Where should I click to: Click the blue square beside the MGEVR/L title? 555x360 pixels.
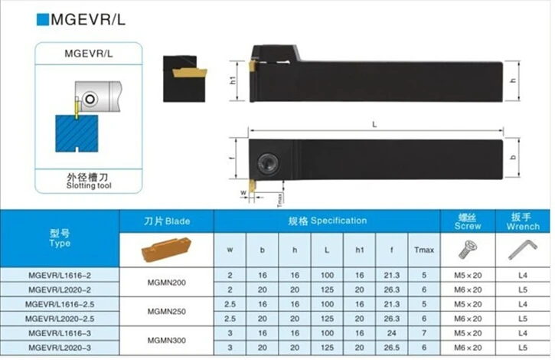coord(42,19)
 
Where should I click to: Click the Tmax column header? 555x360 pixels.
coord(424,250)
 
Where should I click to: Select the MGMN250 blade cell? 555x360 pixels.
coord(166,312)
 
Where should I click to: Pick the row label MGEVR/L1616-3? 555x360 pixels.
coord(60,333)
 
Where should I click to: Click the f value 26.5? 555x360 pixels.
coord(392,348)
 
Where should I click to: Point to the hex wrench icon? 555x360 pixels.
coord(523,250)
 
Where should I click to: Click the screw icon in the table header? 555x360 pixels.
coord(468,249)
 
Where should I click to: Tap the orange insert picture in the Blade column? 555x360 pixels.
coord(166,249)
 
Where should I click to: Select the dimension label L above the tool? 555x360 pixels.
coord(374,124)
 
